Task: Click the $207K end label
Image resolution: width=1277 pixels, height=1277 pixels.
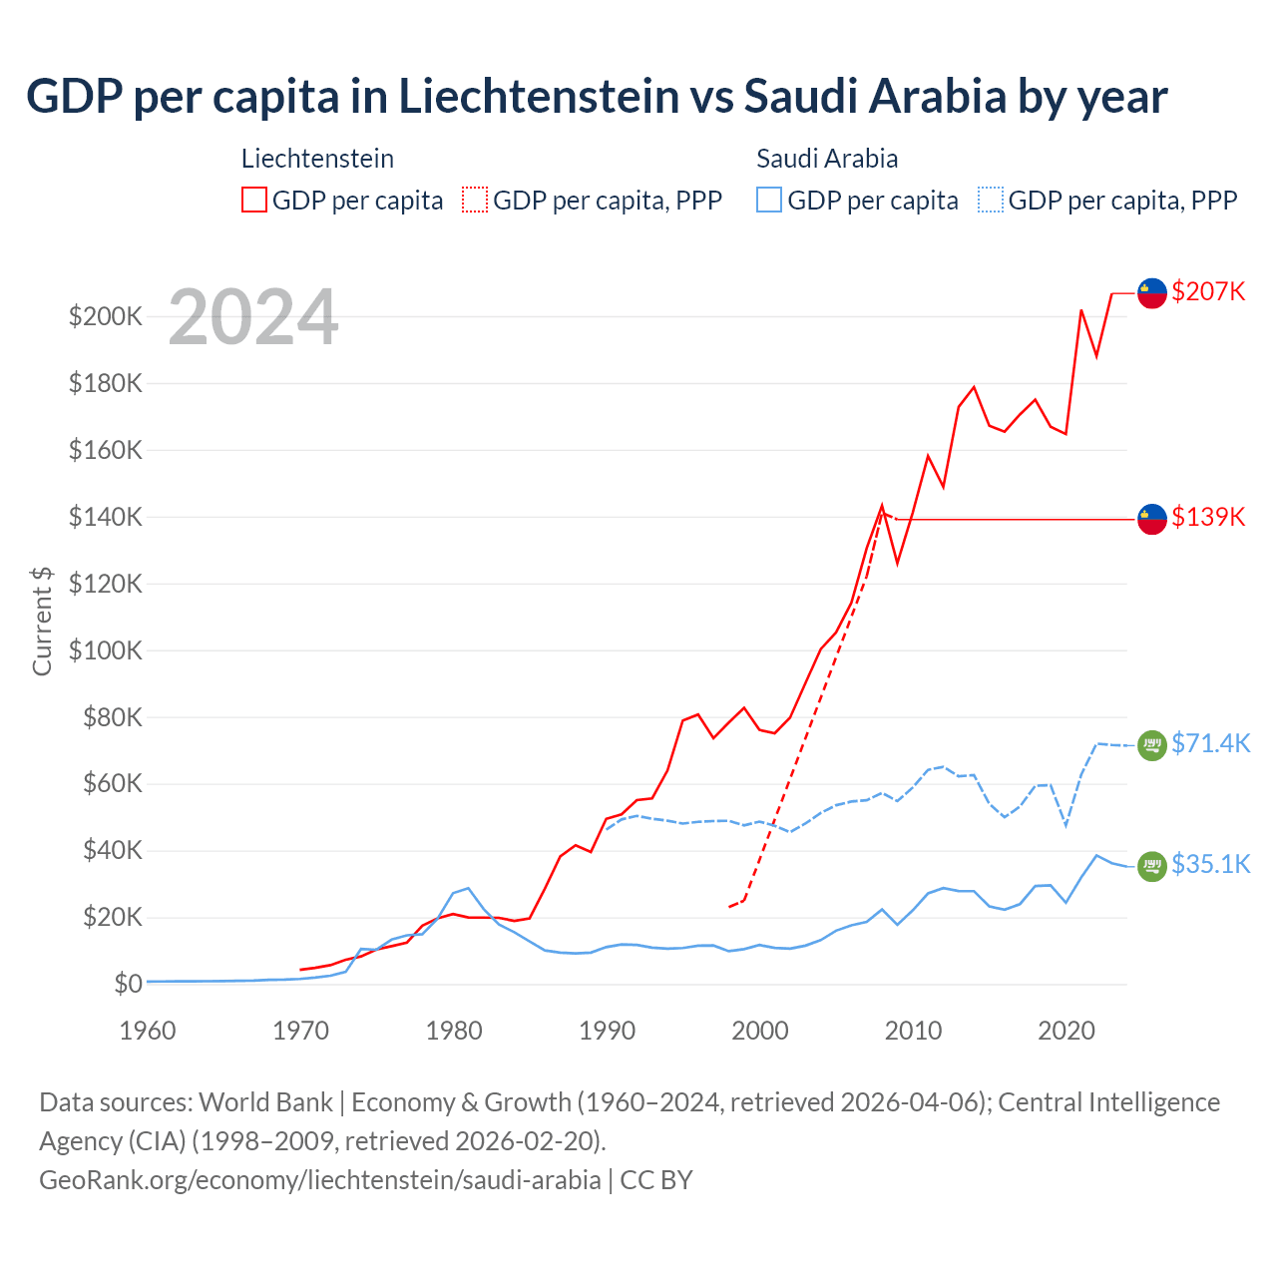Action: tap(1208, 291)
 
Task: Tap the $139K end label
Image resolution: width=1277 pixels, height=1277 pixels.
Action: tap(1208, 517)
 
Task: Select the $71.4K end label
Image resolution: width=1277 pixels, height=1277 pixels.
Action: tap(1210, 743)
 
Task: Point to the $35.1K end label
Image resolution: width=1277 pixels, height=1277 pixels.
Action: tap(1210, 864)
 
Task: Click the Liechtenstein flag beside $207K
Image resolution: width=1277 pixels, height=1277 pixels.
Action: tap(1152, 293)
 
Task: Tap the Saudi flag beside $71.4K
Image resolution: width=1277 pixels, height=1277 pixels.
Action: tap(1152, 745)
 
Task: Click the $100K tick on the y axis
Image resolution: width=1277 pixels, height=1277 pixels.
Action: tap(106, 650)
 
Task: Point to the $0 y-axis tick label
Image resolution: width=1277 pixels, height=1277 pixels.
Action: tap(128, 984)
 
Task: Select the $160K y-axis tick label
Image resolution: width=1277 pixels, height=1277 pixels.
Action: tap(106, 450)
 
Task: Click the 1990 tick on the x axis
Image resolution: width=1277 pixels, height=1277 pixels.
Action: tap(608, 1031)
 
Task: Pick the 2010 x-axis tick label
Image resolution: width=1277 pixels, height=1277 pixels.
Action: tap(914, 1031)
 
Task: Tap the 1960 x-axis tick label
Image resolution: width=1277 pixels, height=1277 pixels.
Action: tap(148, 1031)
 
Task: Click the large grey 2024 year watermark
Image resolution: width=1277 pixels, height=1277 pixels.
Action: tap(253, 317)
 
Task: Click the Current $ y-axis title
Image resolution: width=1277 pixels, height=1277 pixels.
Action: tap(42, 621)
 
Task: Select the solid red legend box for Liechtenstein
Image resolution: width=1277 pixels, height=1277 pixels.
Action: tap(254, 200)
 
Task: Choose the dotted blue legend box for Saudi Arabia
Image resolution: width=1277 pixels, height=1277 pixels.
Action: tap(991, 200)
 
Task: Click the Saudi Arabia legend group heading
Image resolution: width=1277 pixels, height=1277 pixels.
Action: tap(827, 159)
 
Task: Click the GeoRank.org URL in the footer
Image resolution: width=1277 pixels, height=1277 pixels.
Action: tap(320, 1179)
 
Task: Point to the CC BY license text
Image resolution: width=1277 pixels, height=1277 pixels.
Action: tap(656, 1179)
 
